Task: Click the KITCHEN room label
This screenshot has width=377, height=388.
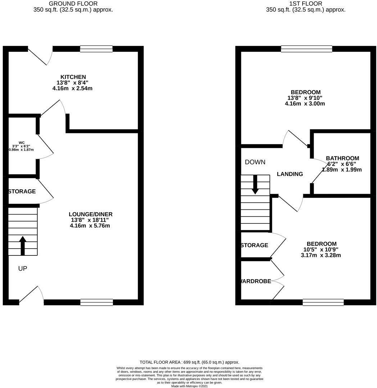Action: (x=73, y=77)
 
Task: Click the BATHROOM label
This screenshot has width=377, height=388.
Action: (x=342, y=158)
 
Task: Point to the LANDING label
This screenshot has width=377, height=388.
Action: (x=290, y=174)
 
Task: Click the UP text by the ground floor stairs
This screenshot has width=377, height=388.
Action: (x=23, y=268)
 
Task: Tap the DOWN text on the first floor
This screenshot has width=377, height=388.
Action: (x=255, y=162)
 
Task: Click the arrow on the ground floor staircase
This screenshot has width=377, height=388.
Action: (x=23, y=245)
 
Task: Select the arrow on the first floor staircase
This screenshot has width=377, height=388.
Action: (x=255, y=184)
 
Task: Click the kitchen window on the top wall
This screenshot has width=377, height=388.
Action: (x=96, y=49)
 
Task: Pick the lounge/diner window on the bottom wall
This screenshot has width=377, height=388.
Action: (x=96, y=302)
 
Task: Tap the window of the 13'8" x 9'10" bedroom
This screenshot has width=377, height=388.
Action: (x=306, y=49)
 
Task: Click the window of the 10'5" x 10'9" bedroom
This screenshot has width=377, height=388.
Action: (x=323, y=302)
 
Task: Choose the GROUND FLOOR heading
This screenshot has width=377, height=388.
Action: (x=73, y=4)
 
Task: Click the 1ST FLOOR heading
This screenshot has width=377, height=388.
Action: (x=305, y=4)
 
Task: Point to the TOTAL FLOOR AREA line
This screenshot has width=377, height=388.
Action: (x=189, y=362)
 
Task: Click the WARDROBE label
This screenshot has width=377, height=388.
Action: (x=256, y=281)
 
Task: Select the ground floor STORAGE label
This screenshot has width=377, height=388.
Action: (x=22, y=191)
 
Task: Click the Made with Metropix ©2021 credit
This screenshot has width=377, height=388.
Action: (x=189, y=386)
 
